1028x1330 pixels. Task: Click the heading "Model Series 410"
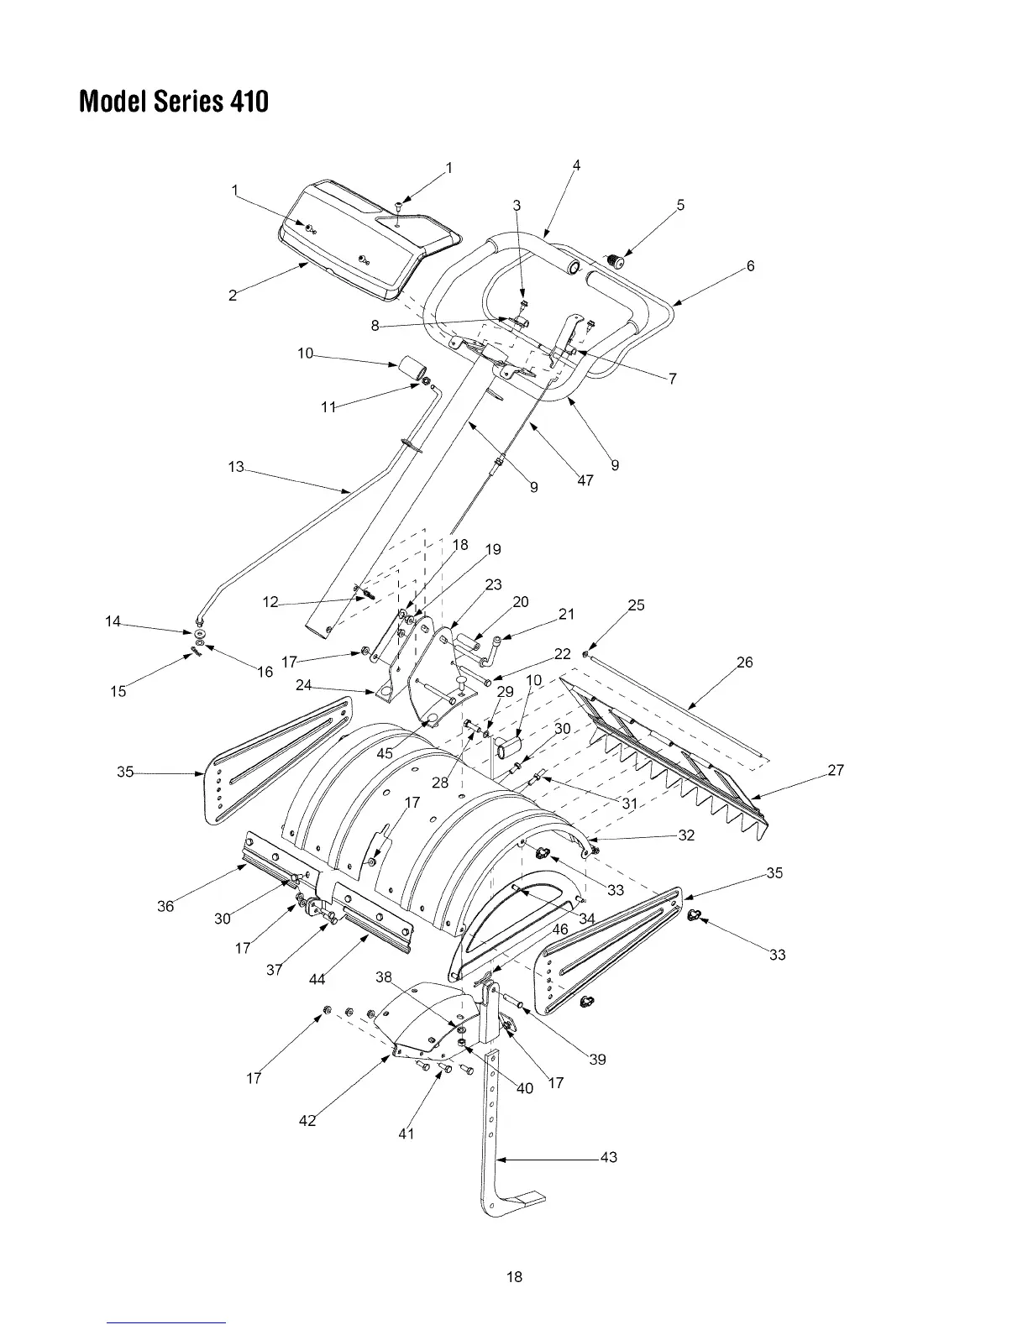174,102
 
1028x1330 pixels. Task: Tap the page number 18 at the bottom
513,1277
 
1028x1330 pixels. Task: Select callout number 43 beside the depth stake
609,1157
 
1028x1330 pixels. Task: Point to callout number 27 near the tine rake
836,770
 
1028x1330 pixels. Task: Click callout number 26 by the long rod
744,662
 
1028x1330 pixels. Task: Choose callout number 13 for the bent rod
236,467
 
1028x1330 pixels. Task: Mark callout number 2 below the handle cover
233,295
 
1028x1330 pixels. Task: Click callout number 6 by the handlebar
750,266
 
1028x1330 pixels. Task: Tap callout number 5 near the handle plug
680,205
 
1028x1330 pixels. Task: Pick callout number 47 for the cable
585,481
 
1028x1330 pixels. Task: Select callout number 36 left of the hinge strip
165,906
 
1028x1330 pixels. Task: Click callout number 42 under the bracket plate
307,1120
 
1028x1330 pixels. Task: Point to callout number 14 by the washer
113,621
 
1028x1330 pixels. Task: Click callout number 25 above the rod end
637,605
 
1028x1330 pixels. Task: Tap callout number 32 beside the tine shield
686,835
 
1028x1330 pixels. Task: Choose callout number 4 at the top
576,165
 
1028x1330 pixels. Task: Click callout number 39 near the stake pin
597,1060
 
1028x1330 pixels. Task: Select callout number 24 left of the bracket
304,685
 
